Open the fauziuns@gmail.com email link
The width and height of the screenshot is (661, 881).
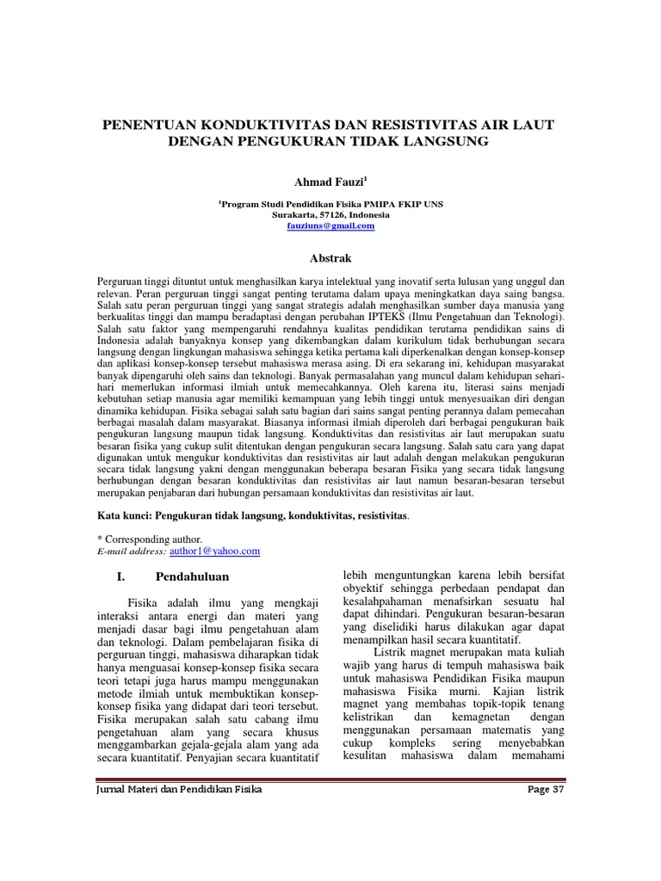(x=330, y=225)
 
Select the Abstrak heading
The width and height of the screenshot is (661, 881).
(x=330, y=257)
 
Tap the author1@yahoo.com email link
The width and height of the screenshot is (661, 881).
(x=214, y=551)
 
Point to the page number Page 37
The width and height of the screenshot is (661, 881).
(x=545, y=790)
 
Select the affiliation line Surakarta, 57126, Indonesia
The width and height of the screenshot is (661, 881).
(x=330, y=214)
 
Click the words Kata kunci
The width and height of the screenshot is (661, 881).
(x=125, y=516)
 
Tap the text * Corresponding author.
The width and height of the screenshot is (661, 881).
(x=151, y=539)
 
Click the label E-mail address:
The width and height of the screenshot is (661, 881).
(x=133, y=551)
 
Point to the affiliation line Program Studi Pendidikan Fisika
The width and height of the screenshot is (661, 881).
(x=331, y=204)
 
